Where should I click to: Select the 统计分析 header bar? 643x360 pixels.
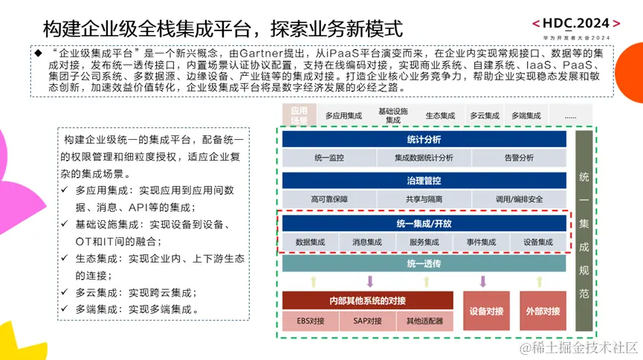424,139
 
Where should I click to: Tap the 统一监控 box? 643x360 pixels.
329,158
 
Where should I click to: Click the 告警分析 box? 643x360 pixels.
518,158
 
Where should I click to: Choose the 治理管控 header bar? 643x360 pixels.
424,181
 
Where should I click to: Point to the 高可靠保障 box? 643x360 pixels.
329,199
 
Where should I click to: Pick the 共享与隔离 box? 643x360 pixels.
424,199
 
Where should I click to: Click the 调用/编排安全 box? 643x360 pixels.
518,199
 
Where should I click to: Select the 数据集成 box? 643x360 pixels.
310,242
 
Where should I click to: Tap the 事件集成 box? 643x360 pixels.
481,242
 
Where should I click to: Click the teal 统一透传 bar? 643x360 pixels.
424,264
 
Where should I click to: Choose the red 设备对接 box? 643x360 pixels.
483,311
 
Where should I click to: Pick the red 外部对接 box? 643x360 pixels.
542,311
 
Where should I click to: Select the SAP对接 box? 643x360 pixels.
367,321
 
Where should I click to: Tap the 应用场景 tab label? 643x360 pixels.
298,115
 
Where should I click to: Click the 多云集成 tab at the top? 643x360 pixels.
485,116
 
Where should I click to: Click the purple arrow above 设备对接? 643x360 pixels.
483,281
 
